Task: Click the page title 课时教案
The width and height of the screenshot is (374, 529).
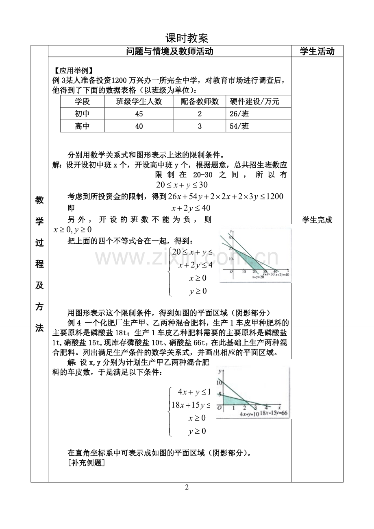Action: tap(187, 38)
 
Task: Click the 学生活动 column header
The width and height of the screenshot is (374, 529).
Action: tap(317, 51)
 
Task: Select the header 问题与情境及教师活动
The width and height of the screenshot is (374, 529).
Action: tap(170, 51)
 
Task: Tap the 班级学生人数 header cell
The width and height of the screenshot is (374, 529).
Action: tap(139, 102)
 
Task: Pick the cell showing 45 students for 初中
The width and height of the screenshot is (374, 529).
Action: tap(139, 114)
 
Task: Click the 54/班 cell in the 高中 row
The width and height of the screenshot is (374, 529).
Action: tap(239, 126)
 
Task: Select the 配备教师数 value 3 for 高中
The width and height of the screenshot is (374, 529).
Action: tap(200, 126)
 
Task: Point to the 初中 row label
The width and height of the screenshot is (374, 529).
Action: tap(82, 114)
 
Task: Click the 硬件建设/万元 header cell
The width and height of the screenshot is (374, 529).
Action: tap(254, 102)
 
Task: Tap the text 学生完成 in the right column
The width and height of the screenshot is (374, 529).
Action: tap(317, 220)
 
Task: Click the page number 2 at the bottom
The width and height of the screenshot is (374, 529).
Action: tap(187, 487)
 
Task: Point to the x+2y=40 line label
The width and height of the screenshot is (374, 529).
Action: tap(282, 275)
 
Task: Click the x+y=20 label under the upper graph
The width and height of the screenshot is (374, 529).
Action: tap(258, 277)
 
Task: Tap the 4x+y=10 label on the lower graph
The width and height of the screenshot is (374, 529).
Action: tap(249, 414)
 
